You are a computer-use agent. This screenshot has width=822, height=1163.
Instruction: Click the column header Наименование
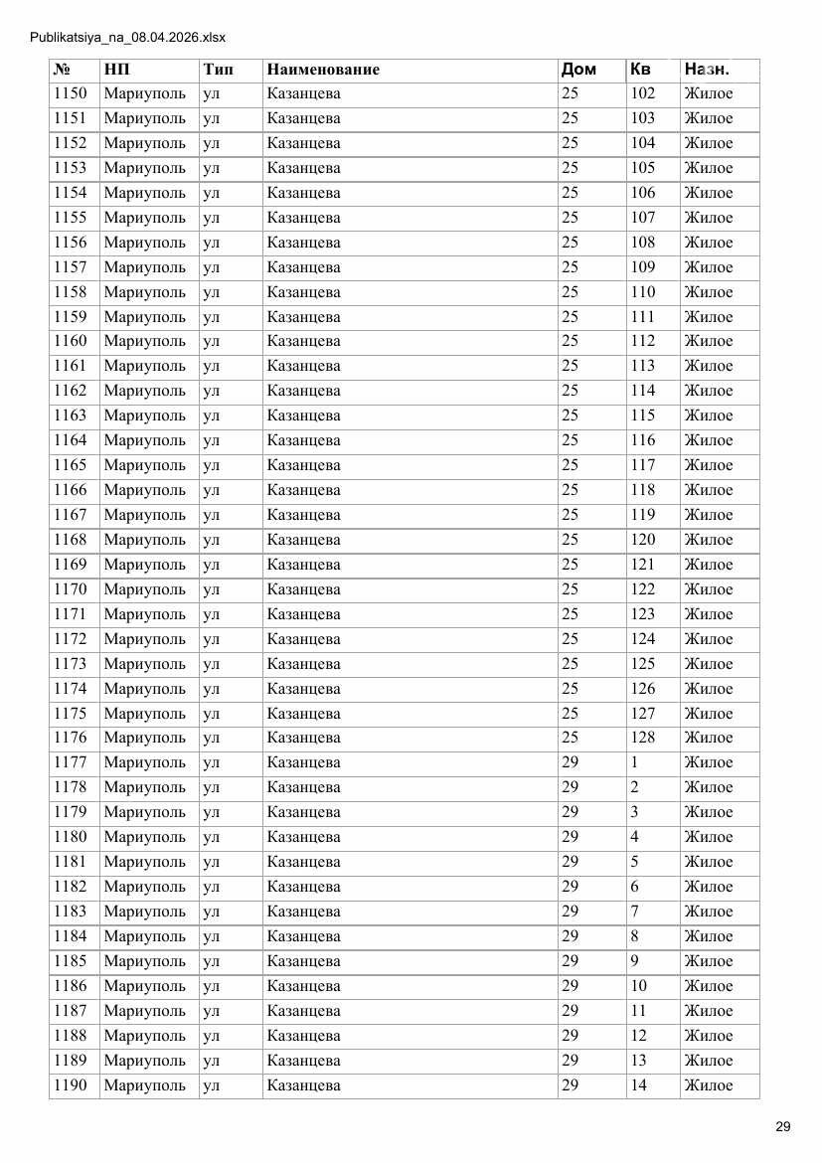[x=323, y=70]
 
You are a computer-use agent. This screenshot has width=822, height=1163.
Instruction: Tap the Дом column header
[x=578, y=70]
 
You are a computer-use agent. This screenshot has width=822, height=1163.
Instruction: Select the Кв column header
[x=640, y=70]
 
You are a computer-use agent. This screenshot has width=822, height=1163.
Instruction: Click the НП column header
[x=116, y=70]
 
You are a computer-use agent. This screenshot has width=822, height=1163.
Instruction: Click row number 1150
[x=70, y=94]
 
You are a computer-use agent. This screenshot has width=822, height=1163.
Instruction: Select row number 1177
[x=70, y=762]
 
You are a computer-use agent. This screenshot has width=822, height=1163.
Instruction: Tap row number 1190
[x=70, y=1085]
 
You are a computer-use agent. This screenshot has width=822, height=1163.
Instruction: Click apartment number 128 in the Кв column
[x=643, y=738]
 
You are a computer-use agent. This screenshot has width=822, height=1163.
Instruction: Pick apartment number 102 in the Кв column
[x=643, y=94]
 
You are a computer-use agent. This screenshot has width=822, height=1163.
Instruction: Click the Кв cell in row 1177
[x=634, y=762]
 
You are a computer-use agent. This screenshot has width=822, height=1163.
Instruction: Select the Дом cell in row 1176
[x=570, y=738]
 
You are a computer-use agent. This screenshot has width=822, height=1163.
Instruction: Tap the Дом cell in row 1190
[x=570, y=1085]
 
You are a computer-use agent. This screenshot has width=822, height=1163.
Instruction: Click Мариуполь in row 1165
[x=144, y=465]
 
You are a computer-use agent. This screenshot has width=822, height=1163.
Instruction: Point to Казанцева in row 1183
[x=303, y=912]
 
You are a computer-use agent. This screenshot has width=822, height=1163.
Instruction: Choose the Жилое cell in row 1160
[x=708, y=341]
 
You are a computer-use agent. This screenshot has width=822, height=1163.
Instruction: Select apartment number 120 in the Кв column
[x=643, y=540]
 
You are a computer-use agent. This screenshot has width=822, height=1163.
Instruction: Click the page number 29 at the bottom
[x=782, y=1126]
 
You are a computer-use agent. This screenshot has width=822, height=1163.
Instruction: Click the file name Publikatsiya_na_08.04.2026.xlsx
[x=128, y=38]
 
